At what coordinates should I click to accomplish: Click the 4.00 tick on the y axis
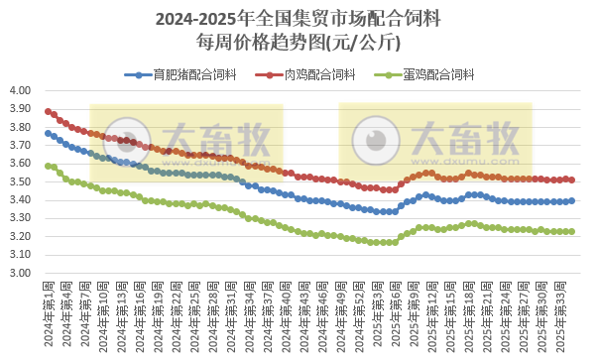pos(21,90)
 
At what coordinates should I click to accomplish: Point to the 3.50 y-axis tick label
pos(21,181)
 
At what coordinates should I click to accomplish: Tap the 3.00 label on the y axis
pos(21,273)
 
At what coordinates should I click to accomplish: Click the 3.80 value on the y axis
pos(21,127)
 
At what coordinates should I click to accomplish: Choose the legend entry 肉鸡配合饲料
pos(310,74)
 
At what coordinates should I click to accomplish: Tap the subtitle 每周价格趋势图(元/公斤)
pos(299,42)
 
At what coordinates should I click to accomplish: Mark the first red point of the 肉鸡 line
pos(48,111)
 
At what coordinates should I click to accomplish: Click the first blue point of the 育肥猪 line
pos(48,133)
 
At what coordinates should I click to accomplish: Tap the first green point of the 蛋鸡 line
pos(48,166)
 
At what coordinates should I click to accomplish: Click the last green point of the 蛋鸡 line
pos(572,231)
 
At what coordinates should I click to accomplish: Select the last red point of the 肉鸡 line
pos(572,180)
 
